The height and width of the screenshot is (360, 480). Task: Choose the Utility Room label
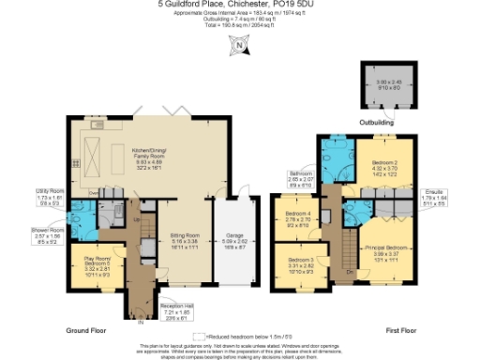click(49, 194)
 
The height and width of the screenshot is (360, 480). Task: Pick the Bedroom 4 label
click(299, 220)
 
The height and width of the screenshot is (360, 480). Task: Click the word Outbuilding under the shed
click(379, 122)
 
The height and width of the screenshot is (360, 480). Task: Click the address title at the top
click(241, 6)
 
